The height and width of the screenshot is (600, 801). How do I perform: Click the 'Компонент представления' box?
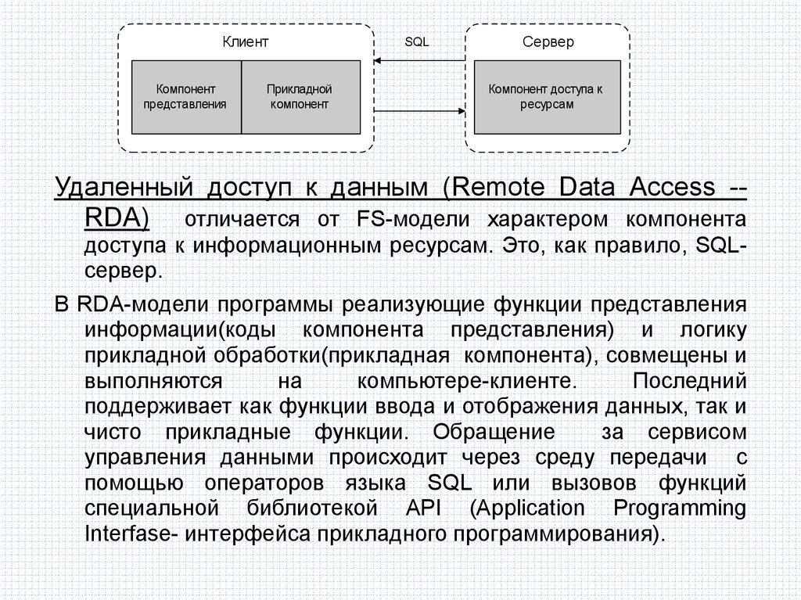pos(185,97)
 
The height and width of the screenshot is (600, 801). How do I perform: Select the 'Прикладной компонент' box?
pos(300,97)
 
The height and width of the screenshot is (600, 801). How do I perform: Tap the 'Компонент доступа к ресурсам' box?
pos(545,97)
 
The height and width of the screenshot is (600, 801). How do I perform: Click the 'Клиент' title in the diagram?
pos(246,42)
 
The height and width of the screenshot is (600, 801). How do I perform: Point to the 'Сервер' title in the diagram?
pos(548,42)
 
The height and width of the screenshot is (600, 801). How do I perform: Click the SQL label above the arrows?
pos(416,41)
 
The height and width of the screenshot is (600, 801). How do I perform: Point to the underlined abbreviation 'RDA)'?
pos(117,217)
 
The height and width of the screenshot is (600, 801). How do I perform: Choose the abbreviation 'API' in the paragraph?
pos(425,508)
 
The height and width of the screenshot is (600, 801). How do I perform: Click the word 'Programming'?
pos(679,508)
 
